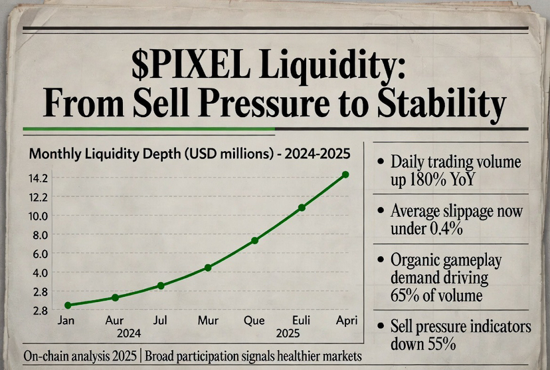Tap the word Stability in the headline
click(439, 104)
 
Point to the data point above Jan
click(68, 305)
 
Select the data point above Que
click(254, 240)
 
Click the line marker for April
click(345, 174)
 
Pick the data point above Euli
click(302, 208)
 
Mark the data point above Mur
click(208, 268)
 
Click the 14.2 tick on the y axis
click(39, 178)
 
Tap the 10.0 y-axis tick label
click(39, 216)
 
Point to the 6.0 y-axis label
click(39, 254)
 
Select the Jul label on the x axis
click(160, 321)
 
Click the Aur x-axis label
click(115, 321)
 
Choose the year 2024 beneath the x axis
click(128, 333)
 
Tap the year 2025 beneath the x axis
click(288, 333)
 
